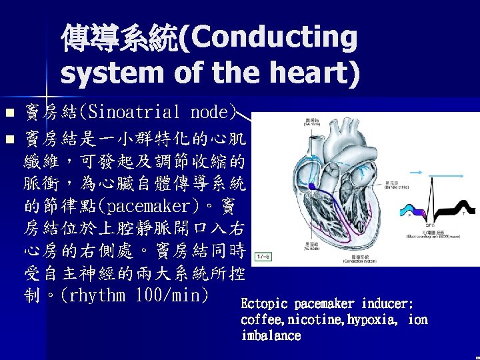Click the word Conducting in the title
pyautogui.click(x=274, y=39)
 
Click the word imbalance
pyautogui.click(x=271, y=336)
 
